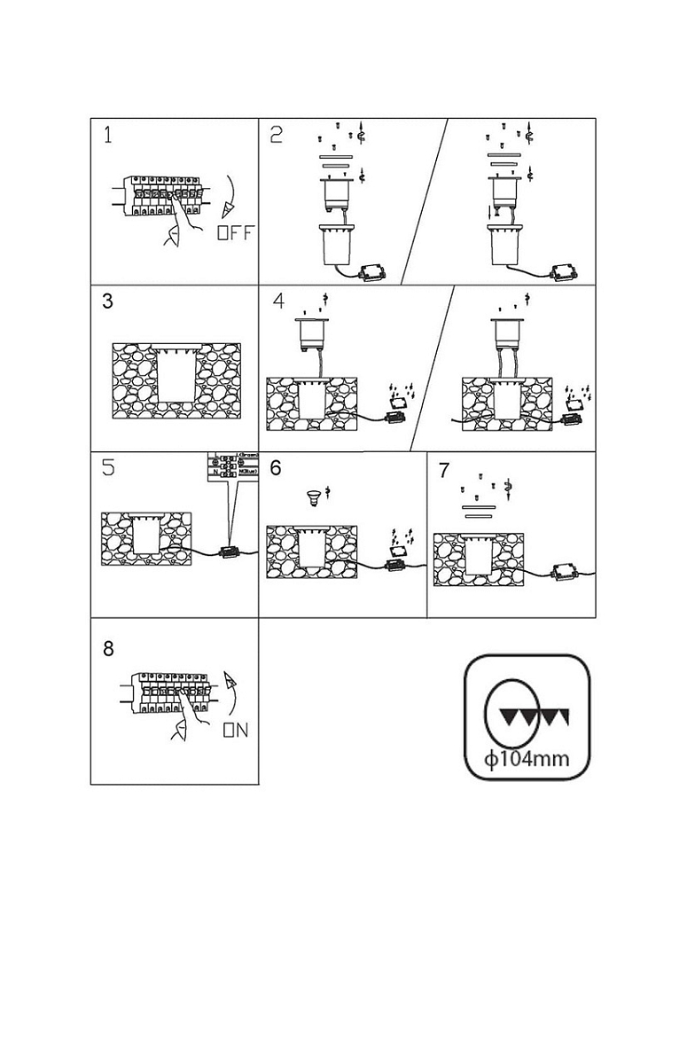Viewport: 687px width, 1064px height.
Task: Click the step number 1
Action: click(108, 136)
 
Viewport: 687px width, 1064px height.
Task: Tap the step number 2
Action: click(277, 136)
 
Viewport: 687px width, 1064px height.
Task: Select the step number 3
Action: click(108, 301)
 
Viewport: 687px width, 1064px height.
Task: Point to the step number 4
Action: click(278, 301)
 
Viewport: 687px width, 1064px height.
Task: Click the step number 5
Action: click(108, 468)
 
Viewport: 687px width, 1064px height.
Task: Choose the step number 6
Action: click(277, 467)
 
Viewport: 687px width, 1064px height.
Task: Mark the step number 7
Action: click(445, 470)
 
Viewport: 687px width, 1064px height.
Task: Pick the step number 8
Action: click(108, 648)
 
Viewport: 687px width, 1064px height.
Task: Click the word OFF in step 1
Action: click(235, 233)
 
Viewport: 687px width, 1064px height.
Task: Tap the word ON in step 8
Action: click(235, 731)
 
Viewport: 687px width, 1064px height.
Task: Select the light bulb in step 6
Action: click(312, 497)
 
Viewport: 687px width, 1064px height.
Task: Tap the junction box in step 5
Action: click(229, 552)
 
